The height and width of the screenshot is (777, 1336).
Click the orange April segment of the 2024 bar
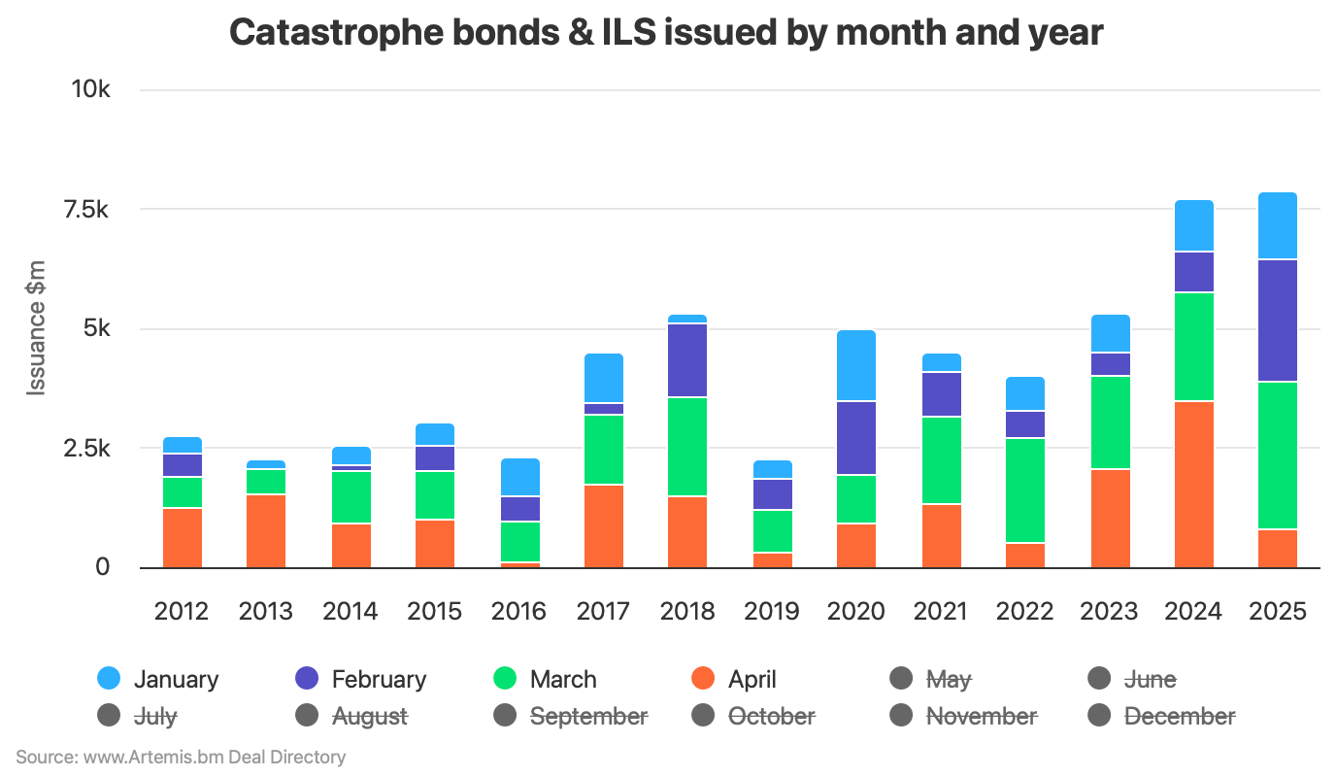[x=1193, y=484]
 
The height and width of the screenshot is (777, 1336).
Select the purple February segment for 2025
[x=1278, y=321]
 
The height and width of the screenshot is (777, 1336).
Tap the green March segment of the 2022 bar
[x=1025, y=490]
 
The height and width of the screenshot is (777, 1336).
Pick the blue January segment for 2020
[x=856, y=365]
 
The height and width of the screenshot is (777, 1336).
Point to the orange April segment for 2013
[x=266, y=531]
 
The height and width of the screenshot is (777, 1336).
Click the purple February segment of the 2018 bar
[x=687, y=360]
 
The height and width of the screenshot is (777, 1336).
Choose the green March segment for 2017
[x=604, y=450]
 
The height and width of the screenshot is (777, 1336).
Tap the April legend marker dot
[x=702, y=679]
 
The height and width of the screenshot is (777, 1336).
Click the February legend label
[x=379, y=679]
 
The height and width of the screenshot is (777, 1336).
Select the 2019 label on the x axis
[x=772, y=611]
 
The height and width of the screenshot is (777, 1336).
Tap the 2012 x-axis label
[x=182, y=611]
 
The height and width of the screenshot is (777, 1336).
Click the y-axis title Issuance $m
[x=37, y=327]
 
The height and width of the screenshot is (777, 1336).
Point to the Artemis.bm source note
[x=181, y=757]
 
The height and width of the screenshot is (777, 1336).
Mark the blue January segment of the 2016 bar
[x=519, y=477]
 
